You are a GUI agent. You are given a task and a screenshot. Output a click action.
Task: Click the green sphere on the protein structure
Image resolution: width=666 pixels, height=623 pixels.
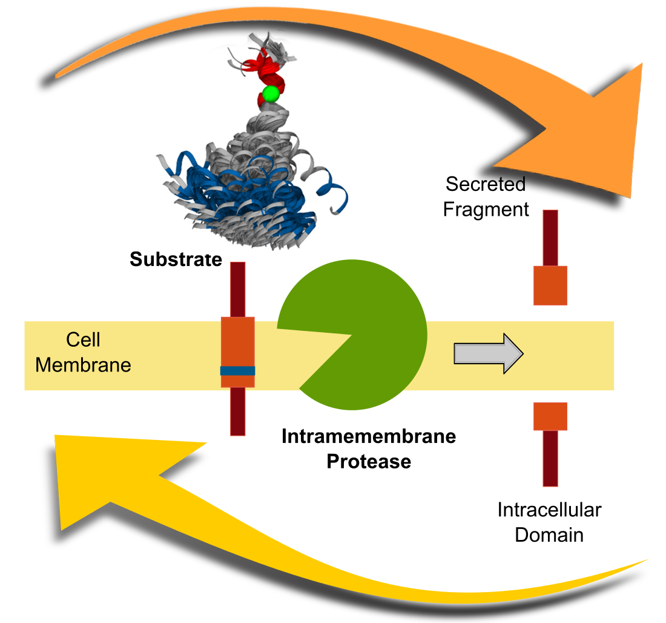tap(270, 94)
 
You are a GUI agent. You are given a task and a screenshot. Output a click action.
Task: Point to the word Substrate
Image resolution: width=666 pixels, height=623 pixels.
tap(176, 260)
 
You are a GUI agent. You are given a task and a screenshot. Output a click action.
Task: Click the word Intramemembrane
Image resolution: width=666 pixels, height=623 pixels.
tap(368, 436)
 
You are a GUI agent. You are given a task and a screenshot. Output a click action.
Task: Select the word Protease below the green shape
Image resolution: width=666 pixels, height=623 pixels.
tap(368, 461)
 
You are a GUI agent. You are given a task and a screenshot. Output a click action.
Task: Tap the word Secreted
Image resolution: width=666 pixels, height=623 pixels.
tap(485, 184)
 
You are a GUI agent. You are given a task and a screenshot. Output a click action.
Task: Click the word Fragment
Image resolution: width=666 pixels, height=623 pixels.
tap(486, 210)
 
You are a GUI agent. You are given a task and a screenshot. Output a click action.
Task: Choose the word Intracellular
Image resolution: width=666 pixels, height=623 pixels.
tap(549, 510)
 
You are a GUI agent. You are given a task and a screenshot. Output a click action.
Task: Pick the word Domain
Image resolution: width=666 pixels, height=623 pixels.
tap(549, 535)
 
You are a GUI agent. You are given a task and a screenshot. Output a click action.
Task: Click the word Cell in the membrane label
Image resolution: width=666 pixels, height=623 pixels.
tap(83, 339)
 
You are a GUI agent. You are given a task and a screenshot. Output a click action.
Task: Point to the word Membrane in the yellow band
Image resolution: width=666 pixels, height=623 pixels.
tap(83, 365)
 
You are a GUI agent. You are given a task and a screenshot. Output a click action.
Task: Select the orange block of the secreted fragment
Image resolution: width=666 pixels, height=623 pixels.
tap(550, 285)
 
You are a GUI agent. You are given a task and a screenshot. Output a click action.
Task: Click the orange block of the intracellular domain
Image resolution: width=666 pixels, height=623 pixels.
tap(550, 416)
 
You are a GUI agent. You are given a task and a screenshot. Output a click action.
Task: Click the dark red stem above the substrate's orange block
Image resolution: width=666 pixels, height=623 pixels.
tap(237, 288)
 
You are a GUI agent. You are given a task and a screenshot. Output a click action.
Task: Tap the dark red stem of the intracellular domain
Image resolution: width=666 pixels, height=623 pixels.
tap(550, 458)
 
